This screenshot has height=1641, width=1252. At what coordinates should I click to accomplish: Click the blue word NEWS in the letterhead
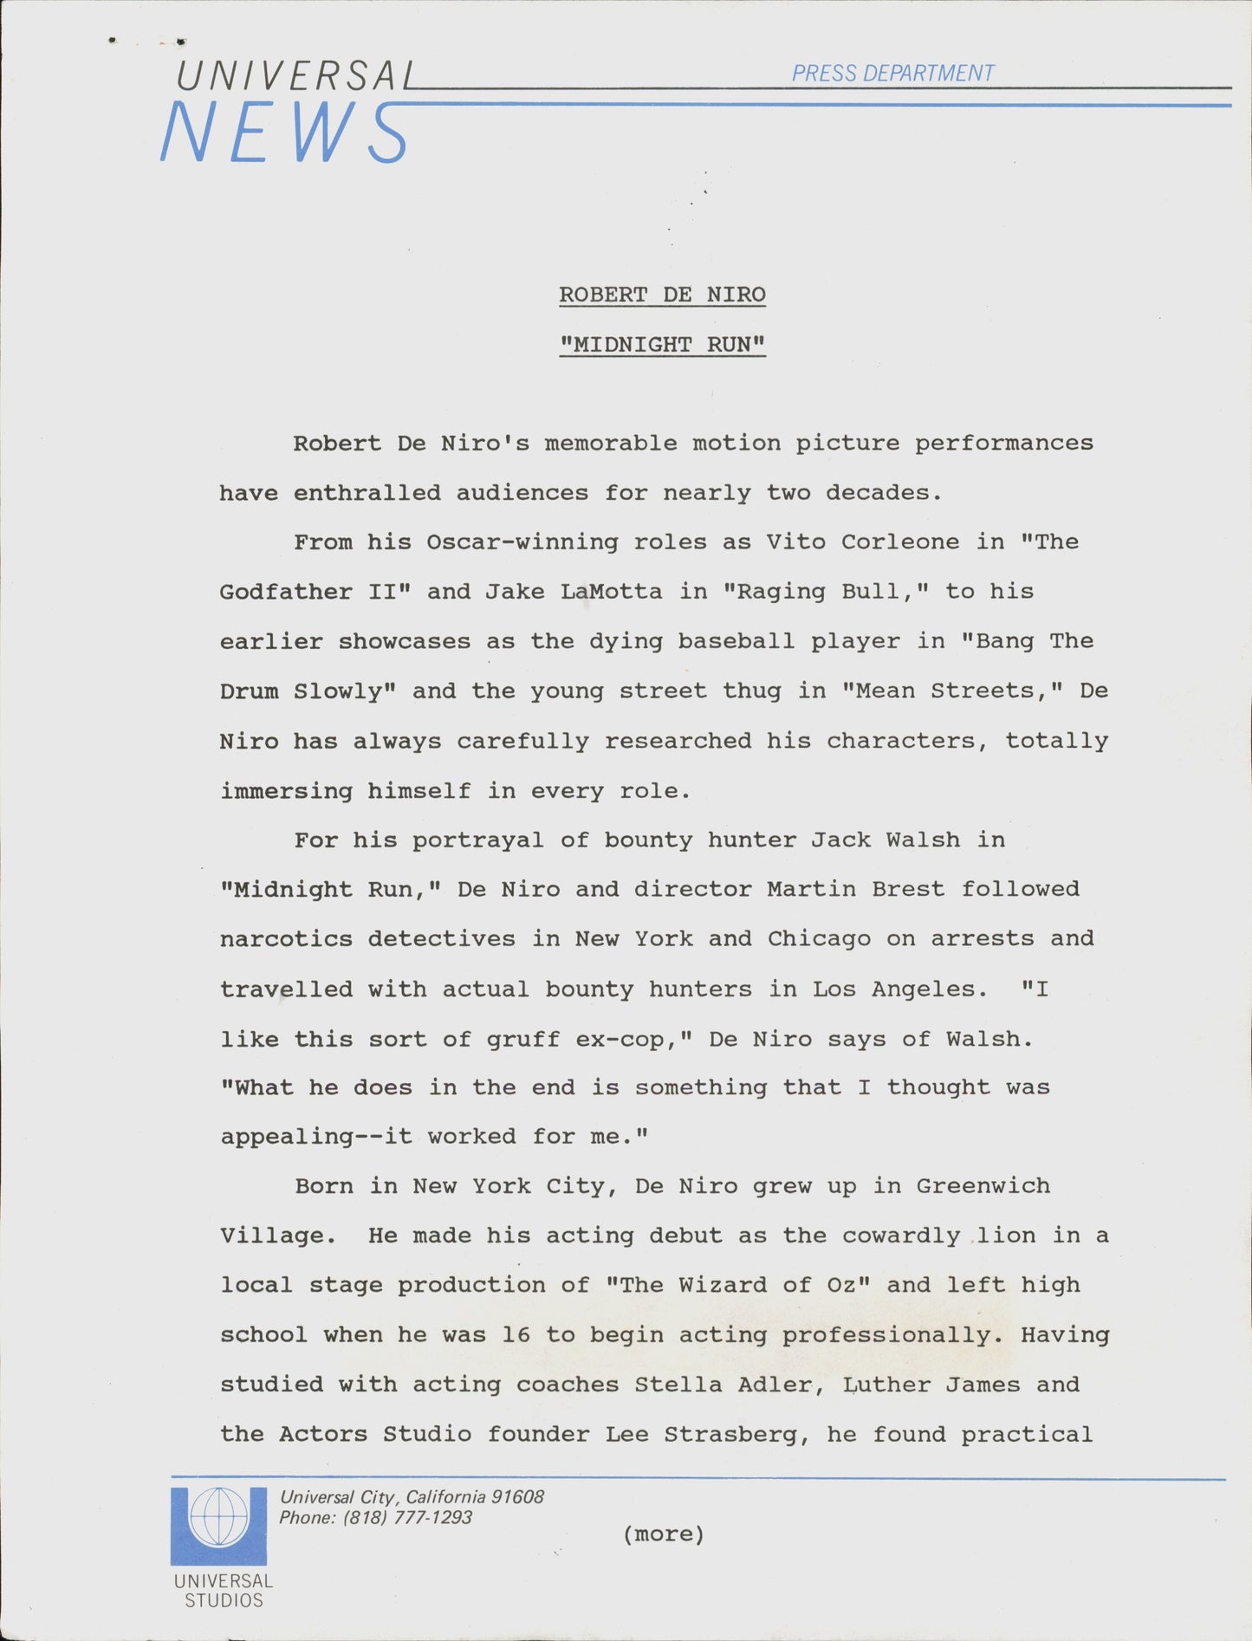(x=284, y=133)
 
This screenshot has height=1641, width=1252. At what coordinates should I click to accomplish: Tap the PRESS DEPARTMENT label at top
(x=892, y=74)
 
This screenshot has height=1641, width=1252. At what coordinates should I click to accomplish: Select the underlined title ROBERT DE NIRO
(x=662, y=295)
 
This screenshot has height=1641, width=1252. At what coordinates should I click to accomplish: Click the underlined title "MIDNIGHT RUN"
(x=662, y=345)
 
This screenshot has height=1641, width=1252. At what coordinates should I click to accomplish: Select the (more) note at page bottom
(x=663, y=1534)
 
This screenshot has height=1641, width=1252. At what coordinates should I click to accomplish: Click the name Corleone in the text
(x=899, y=542)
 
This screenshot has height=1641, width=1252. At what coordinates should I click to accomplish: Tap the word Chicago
(x=819, y=939)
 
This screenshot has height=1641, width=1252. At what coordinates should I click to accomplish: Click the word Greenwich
(x=983, y=1186)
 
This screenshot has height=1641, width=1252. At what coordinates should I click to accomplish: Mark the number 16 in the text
(x=516, y=1335)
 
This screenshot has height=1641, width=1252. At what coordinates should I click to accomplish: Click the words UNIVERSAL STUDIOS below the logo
(x=224, y=1591)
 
